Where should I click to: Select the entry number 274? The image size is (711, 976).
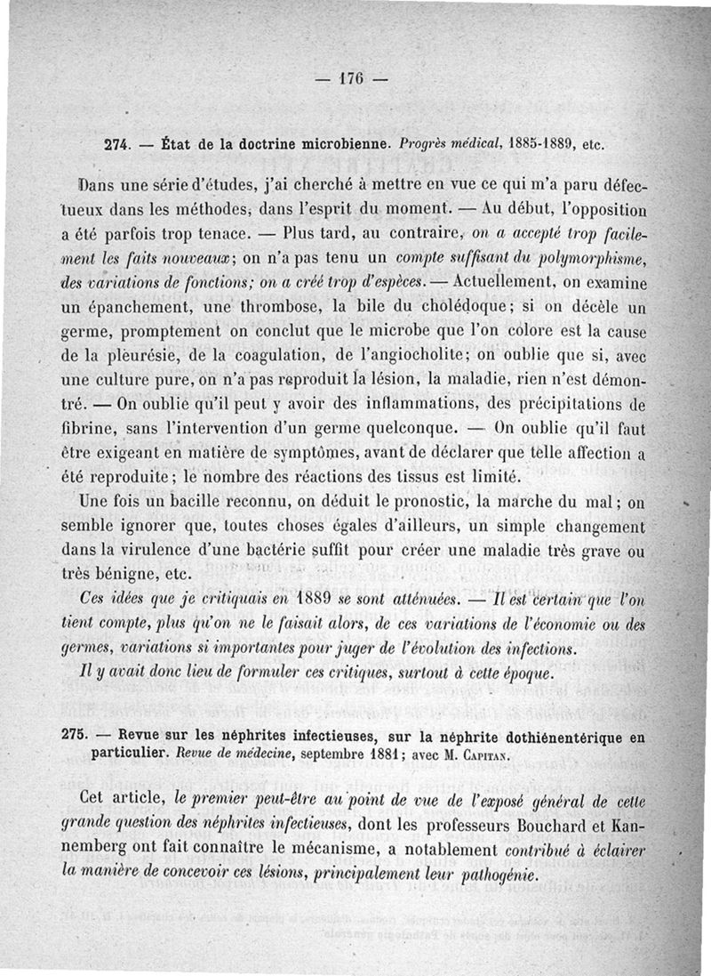point(119,144)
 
